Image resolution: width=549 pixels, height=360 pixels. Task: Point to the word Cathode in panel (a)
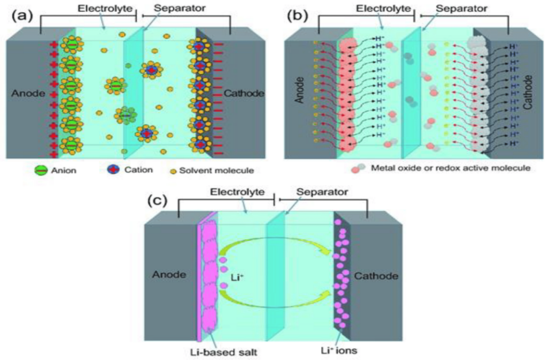click(x=244, y=93)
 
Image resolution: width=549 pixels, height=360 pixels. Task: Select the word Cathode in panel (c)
click(x=376, y=276)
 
